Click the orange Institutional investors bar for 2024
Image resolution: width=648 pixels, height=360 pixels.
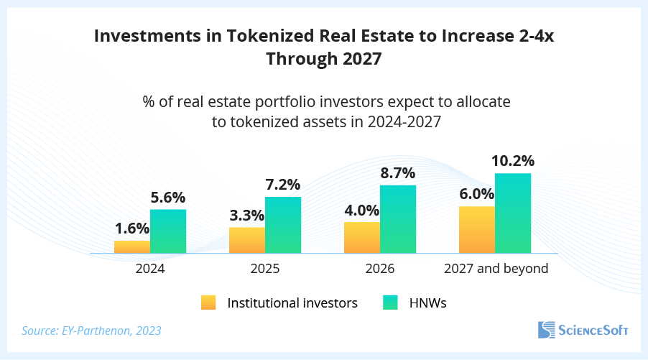(132, 246)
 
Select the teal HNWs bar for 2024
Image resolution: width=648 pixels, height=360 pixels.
(168, 231)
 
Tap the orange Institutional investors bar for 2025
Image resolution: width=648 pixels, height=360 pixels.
(247, 240)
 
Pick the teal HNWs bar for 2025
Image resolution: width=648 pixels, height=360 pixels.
(283, 225)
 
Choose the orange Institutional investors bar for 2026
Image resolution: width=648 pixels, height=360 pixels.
(362, 237)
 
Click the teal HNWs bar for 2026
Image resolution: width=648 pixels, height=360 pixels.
(398, 219)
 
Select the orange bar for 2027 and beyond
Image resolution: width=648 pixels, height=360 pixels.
(477, 230)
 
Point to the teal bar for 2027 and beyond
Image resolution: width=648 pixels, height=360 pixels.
(513, 213)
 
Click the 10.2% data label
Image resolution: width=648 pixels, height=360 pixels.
(513, 161)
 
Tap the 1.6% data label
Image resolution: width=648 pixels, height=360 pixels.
(132, 229)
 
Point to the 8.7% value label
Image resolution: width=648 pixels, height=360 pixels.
(398, 173)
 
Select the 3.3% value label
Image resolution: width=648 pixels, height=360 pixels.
(247, 215)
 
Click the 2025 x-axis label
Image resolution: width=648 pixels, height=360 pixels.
(265, 269)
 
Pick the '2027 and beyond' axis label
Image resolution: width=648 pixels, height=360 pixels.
(496, 269)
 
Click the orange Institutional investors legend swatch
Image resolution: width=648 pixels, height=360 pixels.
(208, 303)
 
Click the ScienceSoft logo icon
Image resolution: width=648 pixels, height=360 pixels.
(547, 330)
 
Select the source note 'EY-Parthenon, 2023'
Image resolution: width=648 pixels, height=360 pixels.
(91, 331)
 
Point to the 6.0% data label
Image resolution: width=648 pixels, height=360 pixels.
(477, 194)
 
